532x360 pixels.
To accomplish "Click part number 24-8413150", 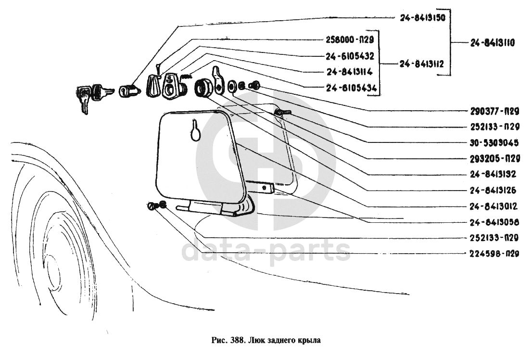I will [x=422, y=18].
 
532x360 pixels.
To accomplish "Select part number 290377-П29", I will [x=495, y=112].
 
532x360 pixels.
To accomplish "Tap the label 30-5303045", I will [x=495, y=142].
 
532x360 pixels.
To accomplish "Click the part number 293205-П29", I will [x=495, y=158].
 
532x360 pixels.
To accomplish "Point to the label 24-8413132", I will [x=495, y=174].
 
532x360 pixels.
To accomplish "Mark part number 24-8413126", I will [x=495, y=190].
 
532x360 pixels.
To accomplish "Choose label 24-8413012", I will [x=495, y=206].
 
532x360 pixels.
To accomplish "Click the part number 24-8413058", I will [x=495, y=222].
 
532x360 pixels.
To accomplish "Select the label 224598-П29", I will [x=495, y=254].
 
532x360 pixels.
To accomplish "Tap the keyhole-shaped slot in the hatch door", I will [x=195, y=129].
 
